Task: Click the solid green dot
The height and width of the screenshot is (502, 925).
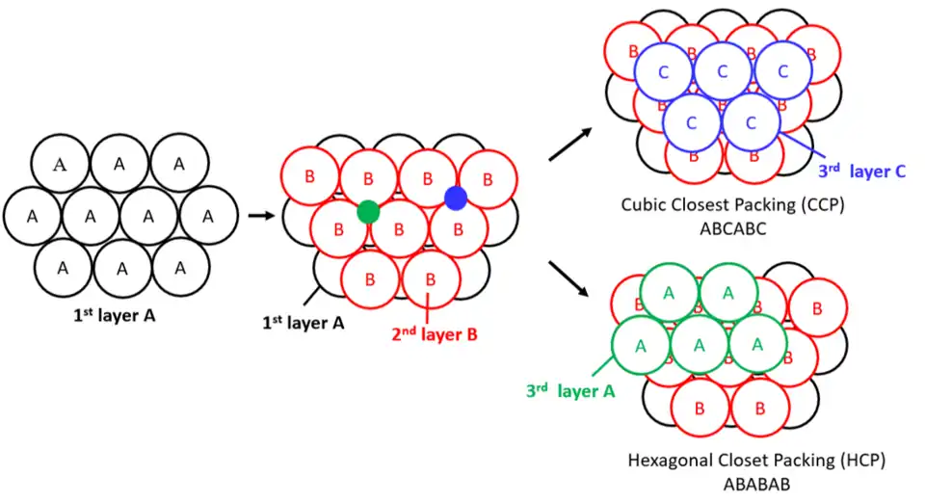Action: click(x=367, y=211)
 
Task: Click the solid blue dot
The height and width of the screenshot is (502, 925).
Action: click(x=456, y=198)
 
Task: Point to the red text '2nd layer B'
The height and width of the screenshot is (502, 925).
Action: click(x=436, y=334)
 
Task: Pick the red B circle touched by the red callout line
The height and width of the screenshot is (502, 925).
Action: click(x=429, y=280)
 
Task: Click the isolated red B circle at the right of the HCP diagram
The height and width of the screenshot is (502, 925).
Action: click(x=817, y=308)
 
